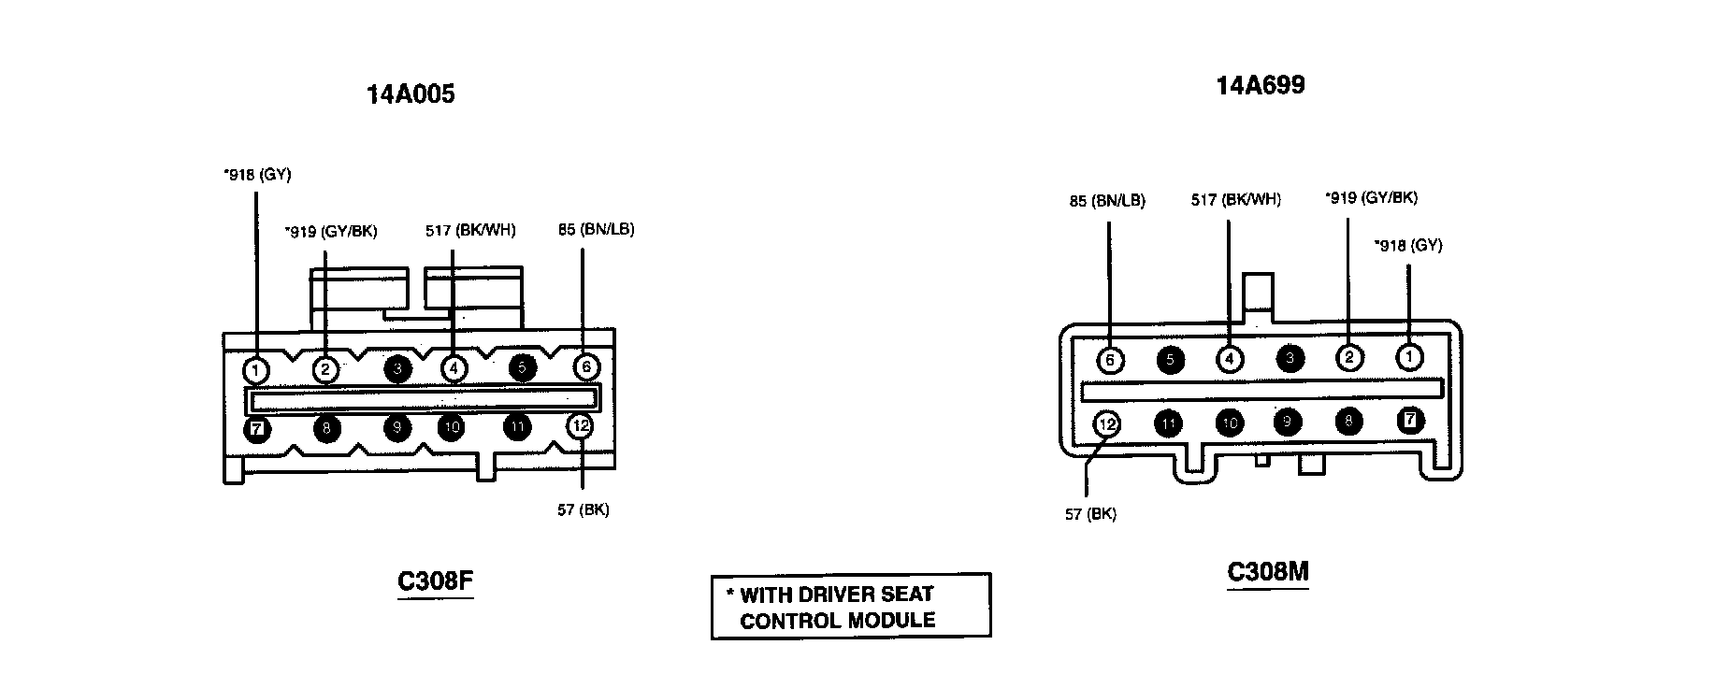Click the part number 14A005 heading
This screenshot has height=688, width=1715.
point(411,94)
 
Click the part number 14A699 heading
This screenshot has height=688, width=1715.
point(1260,86)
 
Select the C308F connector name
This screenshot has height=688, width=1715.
point(435,580)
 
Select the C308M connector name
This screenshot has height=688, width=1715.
point(1267,571)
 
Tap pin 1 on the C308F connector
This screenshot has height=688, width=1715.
point(256,369)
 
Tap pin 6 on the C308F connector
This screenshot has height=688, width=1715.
point(585,367)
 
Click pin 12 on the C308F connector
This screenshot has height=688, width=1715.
point(581,426)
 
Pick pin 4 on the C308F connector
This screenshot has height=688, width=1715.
point(453,369)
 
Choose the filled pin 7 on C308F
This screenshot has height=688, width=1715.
point(256,429)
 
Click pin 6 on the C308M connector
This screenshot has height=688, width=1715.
point(1110,359)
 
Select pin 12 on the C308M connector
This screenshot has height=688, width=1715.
point(1107,424)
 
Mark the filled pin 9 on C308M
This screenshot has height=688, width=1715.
point(1288,423)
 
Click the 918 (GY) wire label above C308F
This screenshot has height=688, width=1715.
point(257,174)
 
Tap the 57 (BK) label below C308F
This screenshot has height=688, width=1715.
point(583,510)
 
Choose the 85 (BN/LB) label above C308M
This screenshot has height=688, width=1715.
point(1107,201)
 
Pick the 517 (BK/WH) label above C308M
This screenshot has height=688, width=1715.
point(1235,200)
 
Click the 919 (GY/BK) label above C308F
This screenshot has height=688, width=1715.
point(331,232)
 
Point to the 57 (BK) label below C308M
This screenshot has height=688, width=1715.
point(1090,514)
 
